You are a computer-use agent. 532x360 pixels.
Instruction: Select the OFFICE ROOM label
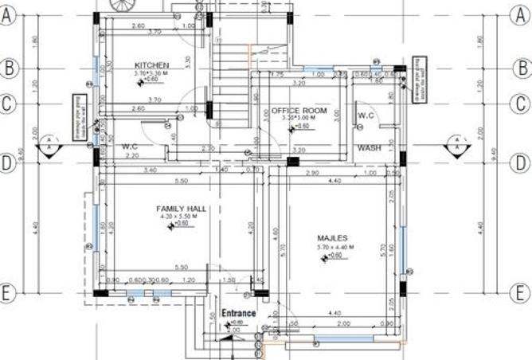tap(299, 111)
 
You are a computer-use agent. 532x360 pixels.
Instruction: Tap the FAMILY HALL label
tap(181, 209)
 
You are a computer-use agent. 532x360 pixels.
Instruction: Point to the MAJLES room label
tap(332, 237)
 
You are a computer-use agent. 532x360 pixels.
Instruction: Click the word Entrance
tap(239, 313)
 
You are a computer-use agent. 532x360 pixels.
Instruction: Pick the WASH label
tap(369, 148)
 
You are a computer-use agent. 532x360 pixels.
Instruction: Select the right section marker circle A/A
tap(457, 145)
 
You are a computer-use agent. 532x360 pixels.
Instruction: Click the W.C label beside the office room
tap(366, 116)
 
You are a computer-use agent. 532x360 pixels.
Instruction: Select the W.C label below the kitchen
tap(131, 147)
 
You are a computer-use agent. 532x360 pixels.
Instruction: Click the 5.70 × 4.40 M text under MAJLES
tap(333, 247)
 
